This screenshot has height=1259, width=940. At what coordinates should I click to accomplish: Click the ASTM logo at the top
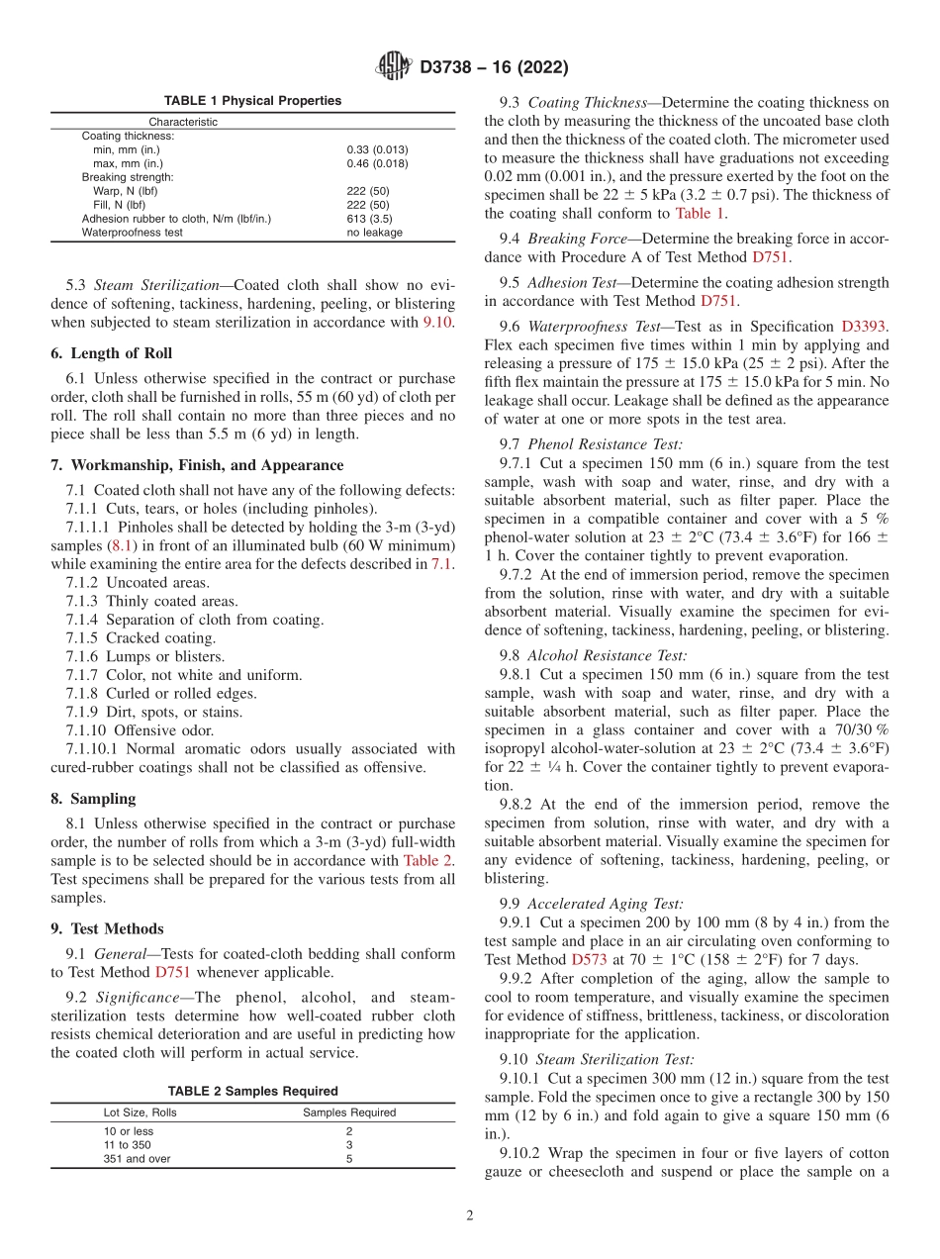pos(393,66)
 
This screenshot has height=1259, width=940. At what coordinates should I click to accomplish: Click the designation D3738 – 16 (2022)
pos(494,67)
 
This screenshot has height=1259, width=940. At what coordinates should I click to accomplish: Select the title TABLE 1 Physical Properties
pos(252,101)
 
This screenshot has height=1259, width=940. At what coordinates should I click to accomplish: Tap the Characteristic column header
pos(183,122)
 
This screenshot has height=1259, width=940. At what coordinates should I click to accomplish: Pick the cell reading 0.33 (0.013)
pos(376,149)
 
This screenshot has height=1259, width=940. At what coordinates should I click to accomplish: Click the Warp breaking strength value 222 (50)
pos(367,191)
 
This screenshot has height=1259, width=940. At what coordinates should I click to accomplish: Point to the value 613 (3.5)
pos(368,219)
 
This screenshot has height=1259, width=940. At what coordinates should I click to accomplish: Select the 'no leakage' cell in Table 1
pos(374,233)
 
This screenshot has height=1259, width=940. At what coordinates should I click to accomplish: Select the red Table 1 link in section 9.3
pos(701,213)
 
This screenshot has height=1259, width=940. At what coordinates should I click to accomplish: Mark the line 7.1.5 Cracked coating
pos(141,638)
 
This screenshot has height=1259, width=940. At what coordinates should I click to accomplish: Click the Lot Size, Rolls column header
pos(140,1113)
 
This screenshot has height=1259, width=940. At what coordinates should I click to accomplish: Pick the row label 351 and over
pos(137,1159)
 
